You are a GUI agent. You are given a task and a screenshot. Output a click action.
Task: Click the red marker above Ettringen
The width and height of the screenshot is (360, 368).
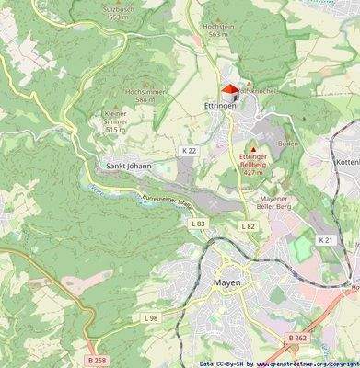pos(229,89)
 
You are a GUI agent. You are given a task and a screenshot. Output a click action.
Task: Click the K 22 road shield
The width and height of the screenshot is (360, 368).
pos(189,150)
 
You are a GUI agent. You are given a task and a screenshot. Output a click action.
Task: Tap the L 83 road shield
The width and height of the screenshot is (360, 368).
pos(198,224)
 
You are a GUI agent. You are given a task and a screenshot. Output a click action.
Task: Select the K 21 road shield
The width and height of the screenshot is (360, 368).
pos(323,239)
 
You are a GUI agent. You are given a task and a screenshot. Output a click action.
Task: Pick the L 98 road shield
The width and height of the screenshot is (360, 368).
pos(151,317)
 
